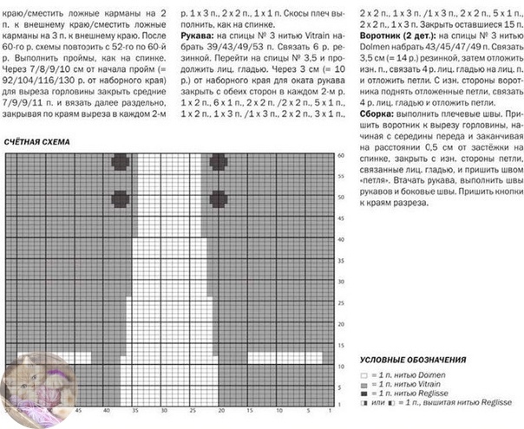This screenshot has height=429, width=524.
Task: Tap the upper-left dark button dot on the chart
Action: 121,160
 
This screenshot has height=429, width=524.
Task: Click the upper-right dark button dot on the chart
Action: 218,160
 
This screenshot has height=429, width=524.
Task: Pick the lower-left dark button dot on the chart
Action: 121,199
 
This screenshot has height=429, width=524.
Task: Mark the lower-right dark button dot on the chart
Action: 218,199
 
